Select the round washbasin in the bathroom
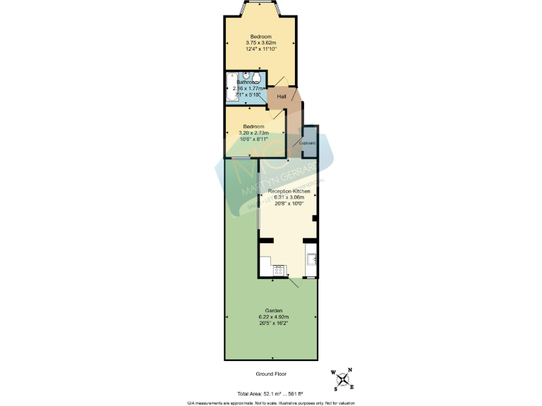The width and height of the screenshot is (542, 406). point(247,78)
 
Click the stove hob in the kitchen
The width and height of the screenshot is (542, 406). point(278,269)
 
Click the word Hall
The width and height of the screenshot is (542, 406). point(281,96)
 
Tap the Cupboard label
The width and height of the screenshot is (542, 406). point(308,143)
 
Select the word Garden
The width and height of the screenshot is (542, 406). point(274,310)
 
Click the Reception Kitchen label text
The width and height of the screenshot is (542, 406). point(288,191)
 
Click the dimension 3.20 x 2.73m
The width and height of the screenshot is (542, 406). point(253,133)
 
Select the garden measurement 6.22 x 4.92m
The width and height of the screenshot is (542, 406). point(274,316)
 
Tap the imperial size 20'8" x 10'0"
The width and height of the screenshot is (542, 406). point(288,204)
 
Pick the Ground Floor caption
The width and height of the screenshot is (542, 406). point(271,374)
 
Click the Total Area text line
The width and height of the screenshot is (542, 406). point(271,393)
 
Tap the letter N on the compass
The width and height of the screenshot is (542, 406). point(350,370)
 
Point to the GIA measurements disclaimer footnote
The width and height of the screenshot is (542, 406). point(271,402)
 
